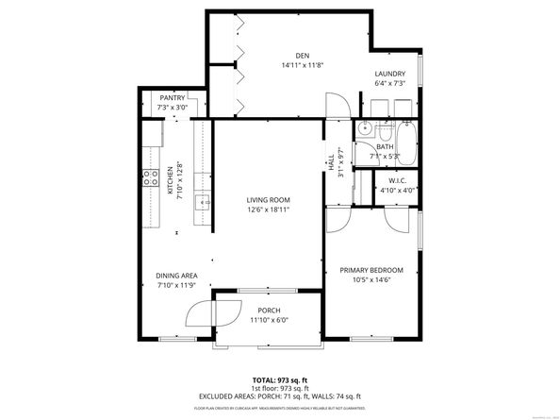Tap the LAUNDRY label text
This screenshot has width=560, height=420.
[x=389, y=74]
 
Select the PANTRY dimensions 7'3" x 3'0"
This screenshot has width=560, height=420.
[x=172, y=108]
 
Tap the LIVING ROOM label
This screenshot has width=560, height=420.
[x=268, y=200]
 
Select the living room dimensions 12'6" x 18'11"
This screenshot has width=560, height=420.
[x=268, y=210]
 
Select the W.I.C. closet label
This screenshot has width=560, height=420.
[x=396, y=179]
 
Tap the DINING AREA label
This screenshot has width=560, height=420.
[x=175, y=276]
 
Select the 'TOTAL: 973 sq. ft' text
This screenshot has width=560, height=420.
[x=280, y=378]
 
